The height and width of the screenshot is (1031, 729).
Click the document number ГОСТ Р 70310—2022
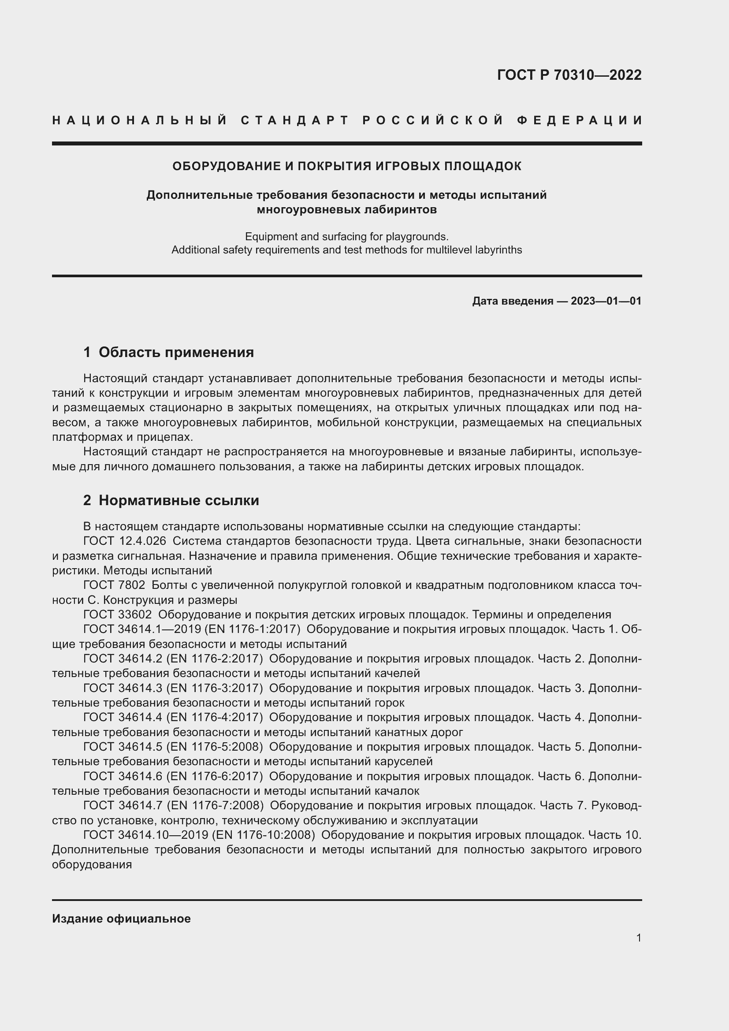(x=569, y=75)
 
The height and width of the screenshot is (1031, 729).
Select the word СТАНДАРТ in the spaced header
(x=295, y=120)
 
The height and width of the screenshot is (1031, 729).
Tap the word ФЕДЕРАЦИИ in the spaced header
(x=579, y=120)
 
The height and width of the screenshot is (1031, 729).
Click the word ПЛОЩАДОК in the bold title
(x=483, y=166)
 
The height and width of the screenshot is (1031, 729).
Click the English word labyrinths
(x=500, y=249)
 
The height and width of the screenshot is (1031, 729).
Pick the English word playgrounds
(x=416, y=236)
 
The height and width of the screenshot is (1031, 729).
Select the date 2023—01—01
(x=606, y=301)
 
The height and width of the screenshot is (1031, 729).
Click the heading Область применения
(x=176, y=353)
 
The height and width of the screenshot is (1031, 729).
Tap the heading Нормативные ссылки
(x=179, y=500)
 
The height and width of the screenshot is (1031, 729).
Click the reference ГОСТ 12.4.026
(x=124, y=541)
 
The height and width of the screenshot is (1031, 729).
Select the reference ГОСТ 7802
(x=114, y=585)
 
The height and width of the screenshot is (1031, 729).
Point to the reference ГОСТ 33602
(x=117, y=615)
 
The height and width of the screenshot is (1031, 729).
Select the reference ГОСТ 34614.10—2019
(x=145, y=835)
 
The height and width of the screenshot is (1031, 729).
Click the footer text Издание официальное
(x=121, y=919)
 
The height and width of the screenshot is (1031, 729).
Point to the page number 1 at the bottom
(x=639, y=938)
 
